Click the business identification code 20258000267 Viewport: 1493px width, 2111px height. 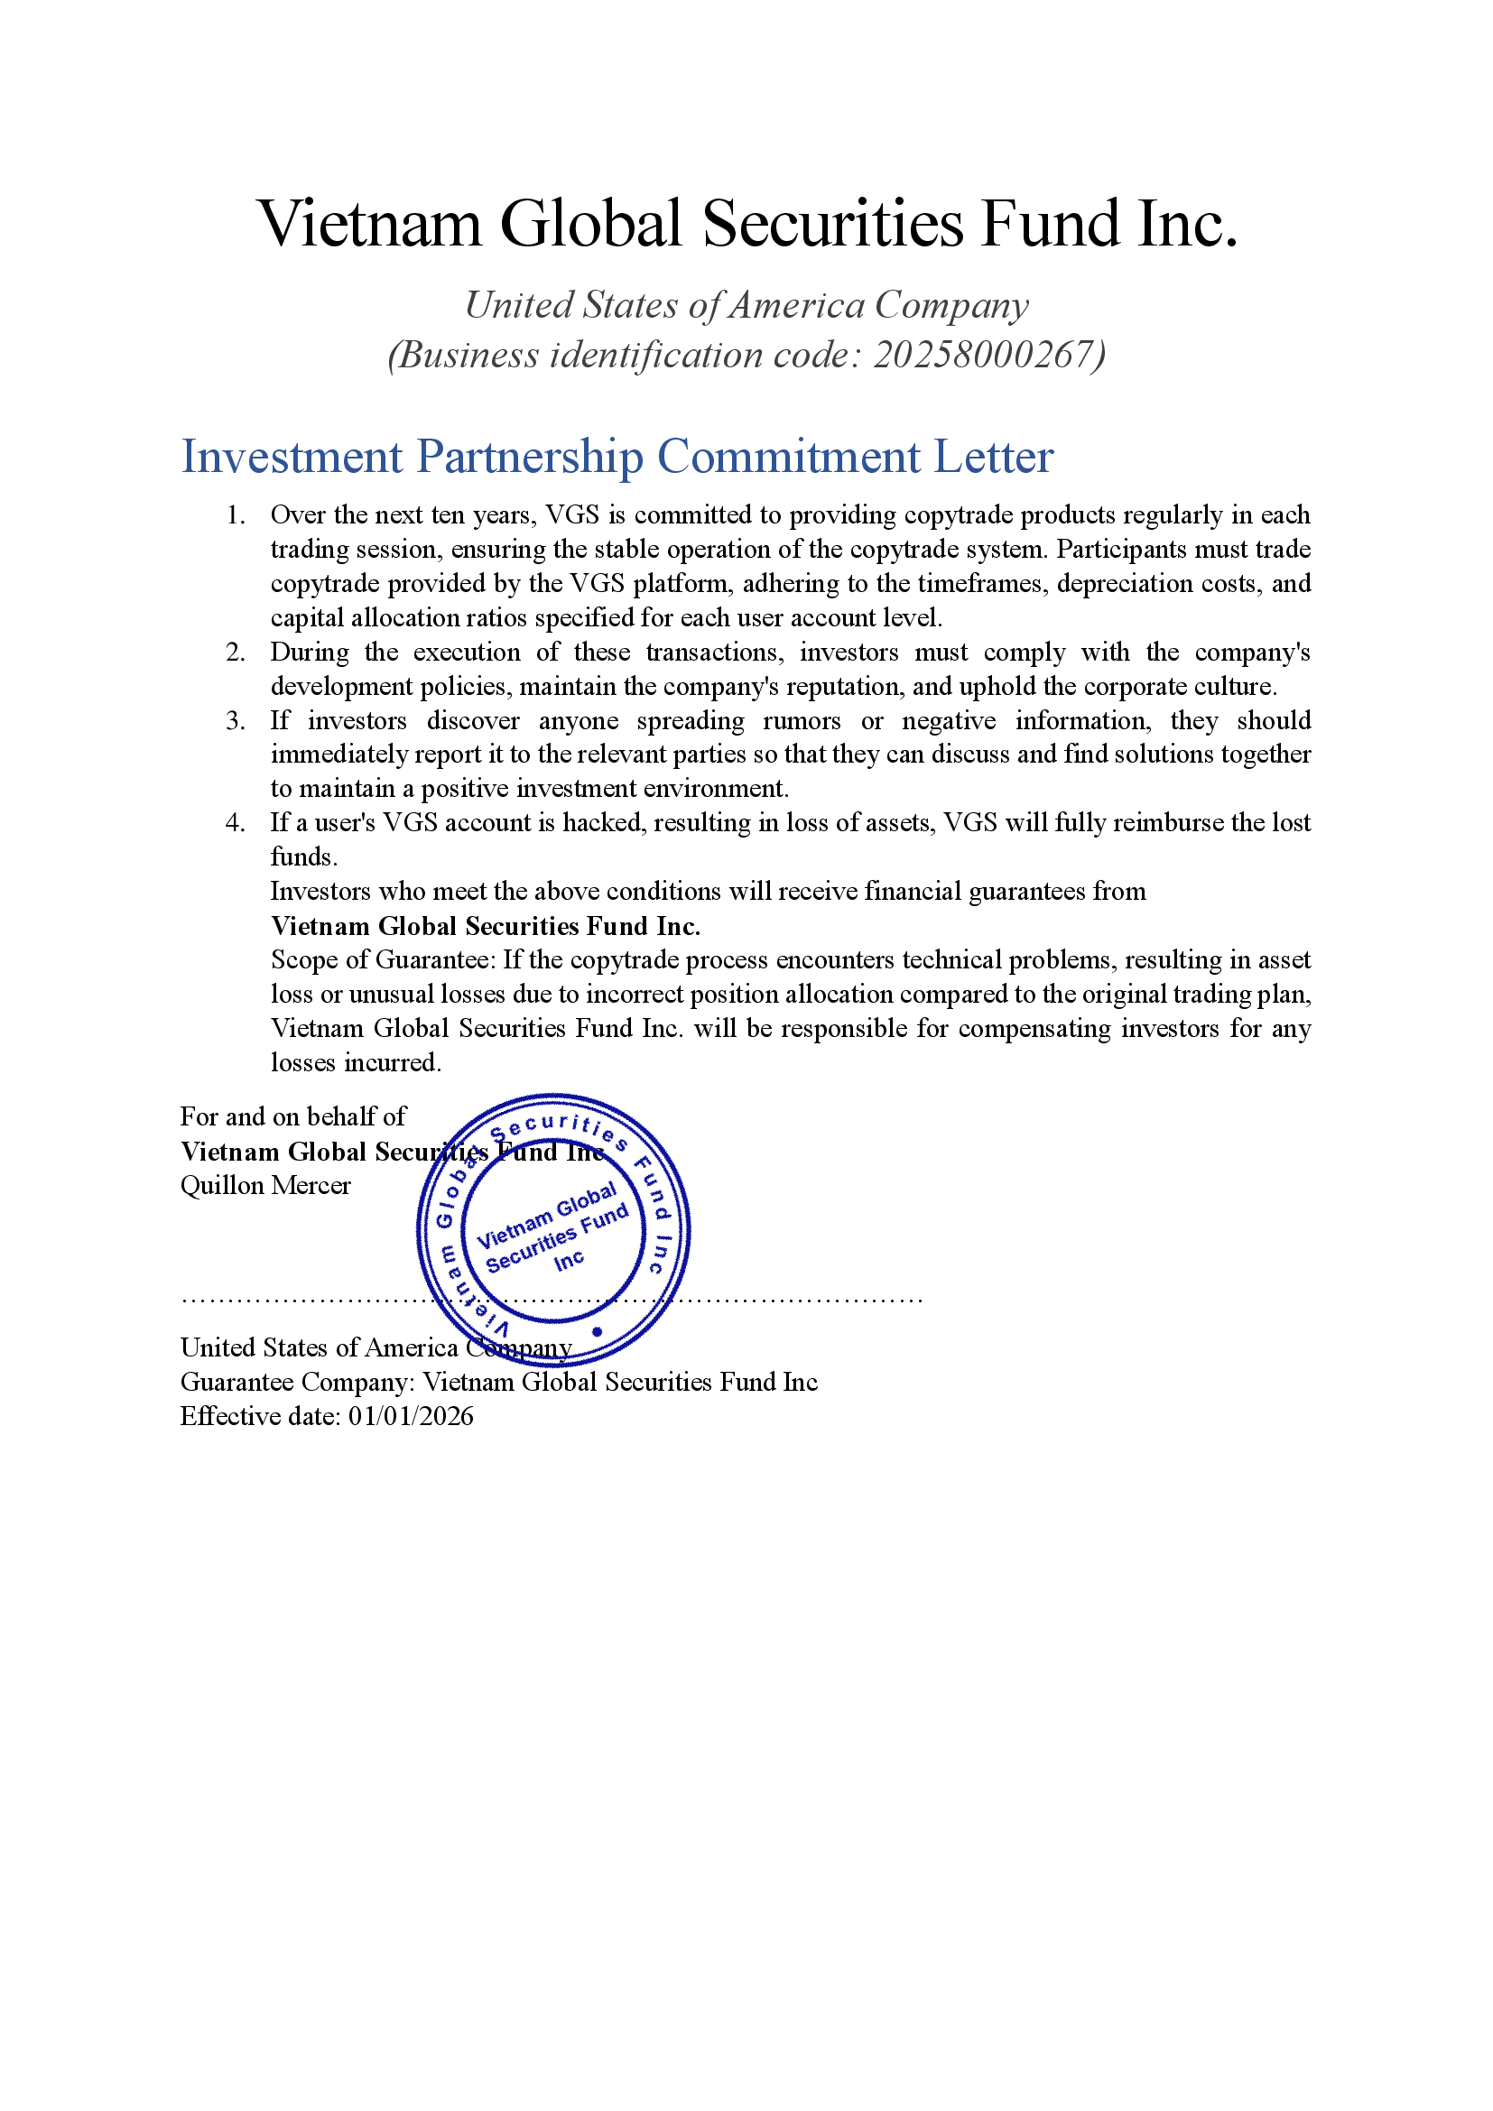pos(983,356)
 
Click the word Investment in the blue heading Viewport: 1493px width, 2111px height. pos(292,457)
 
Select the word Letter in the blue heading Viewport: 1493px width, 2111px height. pos(993,457)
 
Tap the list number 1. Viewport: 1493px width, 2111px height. pos(236,514)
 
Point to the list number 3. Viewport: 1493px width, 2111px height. pos(236,721)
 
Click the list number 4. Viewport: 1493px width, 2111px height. pos(236,823)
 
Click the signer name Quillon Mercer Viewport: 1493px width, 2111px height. pos(264,1186)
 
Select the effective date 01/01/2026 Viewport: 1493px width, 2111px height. pos(410,1417)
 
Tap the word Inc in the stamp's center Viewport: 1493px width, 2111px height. pos(569,1261)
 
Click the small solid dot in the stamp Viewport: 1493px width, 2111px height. pos(597,1331)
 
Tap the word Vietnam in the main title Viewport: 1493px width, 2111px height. pos(369,225)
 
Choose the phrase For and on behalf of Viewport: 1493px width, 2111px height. pos(292,1117)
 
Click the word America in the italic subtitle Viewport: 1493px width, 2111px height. pos(796,306)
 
